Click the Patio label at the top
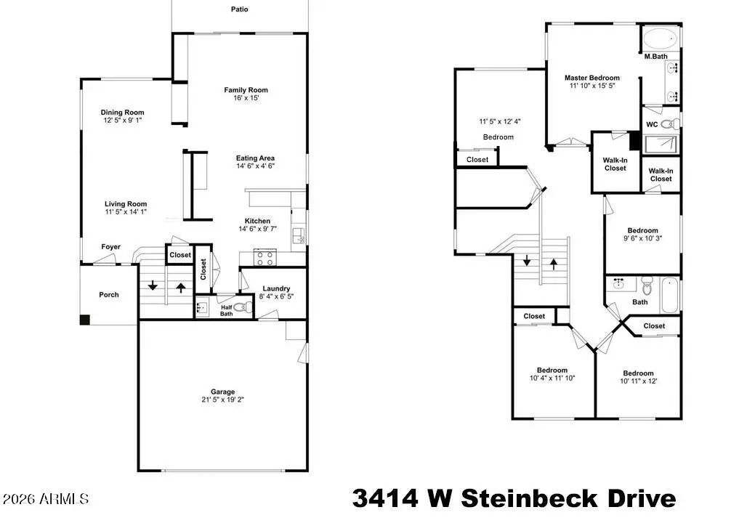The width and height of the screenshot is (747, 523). click(239, 9)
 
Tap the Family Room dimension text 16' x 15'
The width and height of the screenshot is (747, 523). click(246, 98)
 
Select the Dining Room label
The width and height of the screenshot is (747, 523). click(122, 113)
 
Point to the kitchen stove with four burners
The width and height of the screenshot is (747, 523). click(265, 258)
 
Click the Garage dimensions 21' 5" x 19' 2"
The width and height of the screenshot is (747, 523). click(222, 400)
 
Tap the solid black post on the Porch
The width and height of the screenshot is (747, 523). click(85, 320)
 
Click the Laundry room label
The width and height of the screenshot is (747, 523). click(276, 288)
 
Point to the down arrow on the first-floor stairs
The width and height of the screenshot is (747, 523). click(153, 285)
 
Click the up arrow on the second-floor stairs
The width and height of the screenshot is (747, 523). click(554, 264)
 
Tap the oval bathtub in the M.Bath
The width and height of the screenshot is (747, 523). click(661, 38)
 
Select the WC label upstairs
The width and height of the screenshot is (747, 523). click(652, 125)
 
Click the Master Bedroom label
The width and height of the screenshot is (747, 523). click(592, 78)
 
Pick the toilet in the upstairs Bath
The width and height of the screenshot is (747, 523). click(647, 285)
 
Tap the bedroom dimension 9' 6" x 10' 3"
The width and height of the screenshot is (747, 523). click(642, 238)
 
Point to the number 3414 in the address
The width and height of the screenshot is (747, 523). click(385, 499)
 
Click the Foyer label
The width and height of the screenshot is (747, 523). click(110, 247)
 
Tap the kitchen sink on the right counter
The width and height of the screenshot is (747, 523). click(299, 235)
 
